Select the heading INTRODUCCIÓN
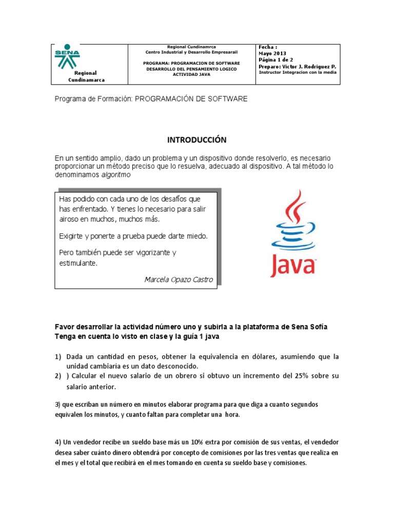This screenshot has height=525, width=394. pos(197,140)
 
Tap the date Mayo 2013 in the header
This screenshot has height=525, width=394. pos(272,53)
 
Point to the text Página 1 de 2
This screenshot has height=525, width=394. pos(277,60)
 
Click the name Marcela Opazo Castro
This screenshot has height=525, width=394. pos(179,279)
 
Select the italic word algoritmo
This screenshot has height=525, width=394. pos(116,175)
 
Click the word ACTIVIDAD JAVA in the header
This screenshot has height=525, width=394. pos(192,75)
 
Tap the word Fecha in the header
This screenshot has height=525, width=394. pos(267,47)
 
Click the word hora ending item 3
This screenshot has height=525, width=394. pos(231,415)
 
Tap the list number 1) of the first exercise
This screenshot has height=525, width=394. pos(58,356)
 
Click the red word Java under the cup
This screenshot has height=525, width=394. pos(293,265)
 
